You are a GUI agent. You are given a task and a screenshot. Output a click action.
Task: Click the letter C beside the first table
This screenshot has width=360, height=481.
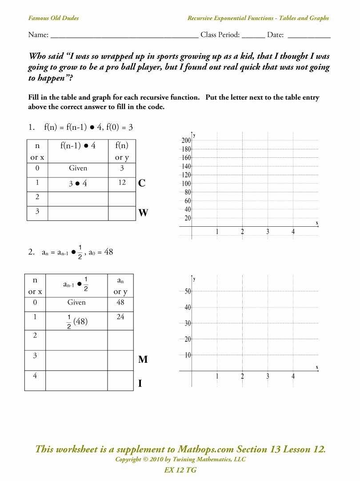pos(142,183)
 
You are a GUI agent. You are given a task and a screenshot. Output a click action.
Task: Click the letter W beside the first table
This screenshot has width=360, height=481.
pos(143,213)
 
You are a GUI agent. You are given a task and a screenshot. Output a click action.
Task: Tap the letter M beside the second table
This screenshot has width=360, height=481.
pos(143,360)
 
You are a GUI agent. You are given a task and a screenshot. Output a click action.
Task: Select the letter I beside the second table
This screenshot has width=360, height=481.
pos(140,383)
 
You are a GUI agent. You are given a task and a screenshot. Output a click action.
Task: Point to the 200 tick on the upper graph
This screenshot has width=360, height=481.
pos(185,140)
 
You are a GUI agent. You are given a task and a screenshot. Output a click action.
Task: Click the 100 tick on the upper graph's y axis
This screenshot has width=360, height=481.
pos(185,184)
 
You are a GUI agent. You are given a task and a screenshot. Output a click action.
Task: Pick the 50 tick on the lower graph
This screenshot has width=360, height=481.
pos(188,291)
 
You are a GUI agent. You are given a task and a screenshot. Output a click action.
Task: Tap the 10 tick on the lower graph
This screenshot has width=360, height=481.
pos(188,355)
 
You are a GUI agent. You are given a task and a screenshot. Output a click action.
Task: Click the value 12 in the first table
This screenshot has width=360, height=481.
pos(122,183)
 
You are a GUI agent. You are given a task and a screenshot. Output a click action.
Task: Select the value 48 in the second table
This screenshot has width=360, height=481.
pos(120,302)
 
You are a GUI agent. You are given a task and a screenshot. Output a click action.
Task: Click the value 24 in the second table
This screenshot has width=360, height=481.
pos(120,317)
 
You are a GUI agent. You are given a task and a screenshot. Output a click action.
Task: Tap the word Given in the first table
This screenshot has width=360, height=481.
pos(78,168)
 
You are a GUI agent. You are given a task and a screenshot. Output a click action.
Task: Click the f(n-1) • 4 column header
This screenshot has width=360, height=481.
pos(78,145)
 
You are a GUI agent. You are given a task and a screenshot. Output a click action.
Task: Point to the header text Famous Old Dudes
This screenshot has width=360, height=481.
pos(53,18)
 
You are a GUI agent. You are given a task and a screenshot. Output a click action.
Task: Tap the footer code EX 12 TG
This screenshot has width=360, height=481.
pos(180,470)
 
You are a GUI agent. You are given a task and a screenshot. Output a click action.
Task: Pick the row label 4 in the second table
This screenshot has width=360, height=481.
pos(35,376)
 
